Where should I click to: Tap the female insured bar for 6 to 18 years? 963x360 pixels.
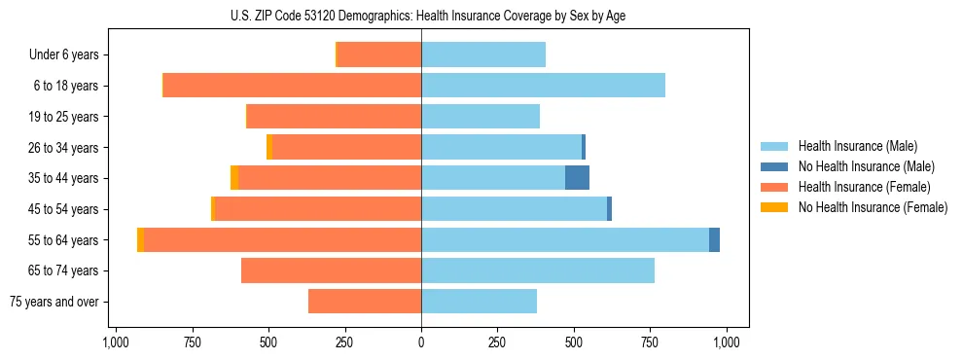(292, 86)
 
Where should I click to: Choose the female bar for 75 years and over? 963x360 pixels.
(365, 302)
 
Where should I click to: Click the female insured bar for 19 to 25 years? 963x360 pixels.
(334, 117)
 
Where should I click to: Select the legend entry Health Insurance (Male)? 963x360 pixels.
(857, 146)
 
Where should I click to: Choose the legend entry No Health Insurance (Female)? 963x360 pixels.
(873, 207)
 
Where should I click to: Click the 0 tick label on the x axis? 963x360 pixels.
(421, 342)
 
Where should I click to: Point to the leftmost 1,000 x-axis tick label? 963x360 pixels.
(116, 342)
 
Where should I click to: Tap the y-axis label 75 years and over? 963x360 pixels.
(54, 302)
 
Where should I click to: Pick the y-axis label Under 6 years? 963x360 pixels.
(64, 55)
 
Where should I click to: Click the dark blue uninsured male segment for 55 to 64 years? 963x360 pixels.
(714, 239)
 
